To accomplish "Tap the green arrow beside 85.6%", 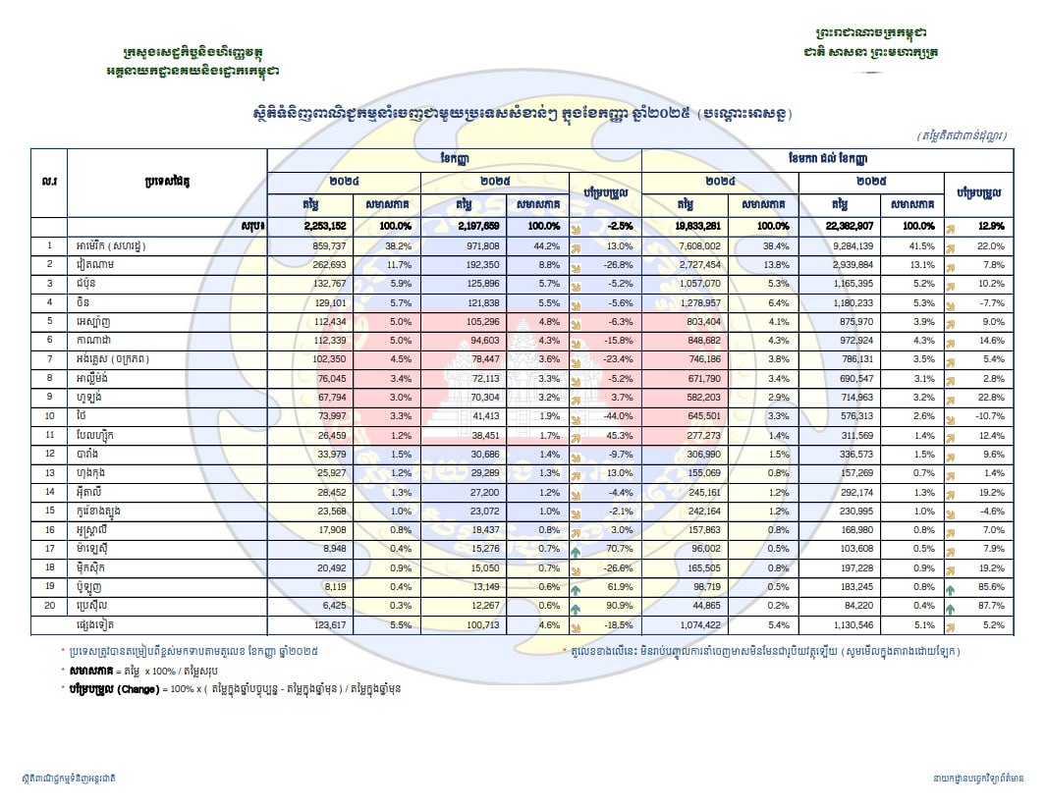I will click(951, 586).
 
